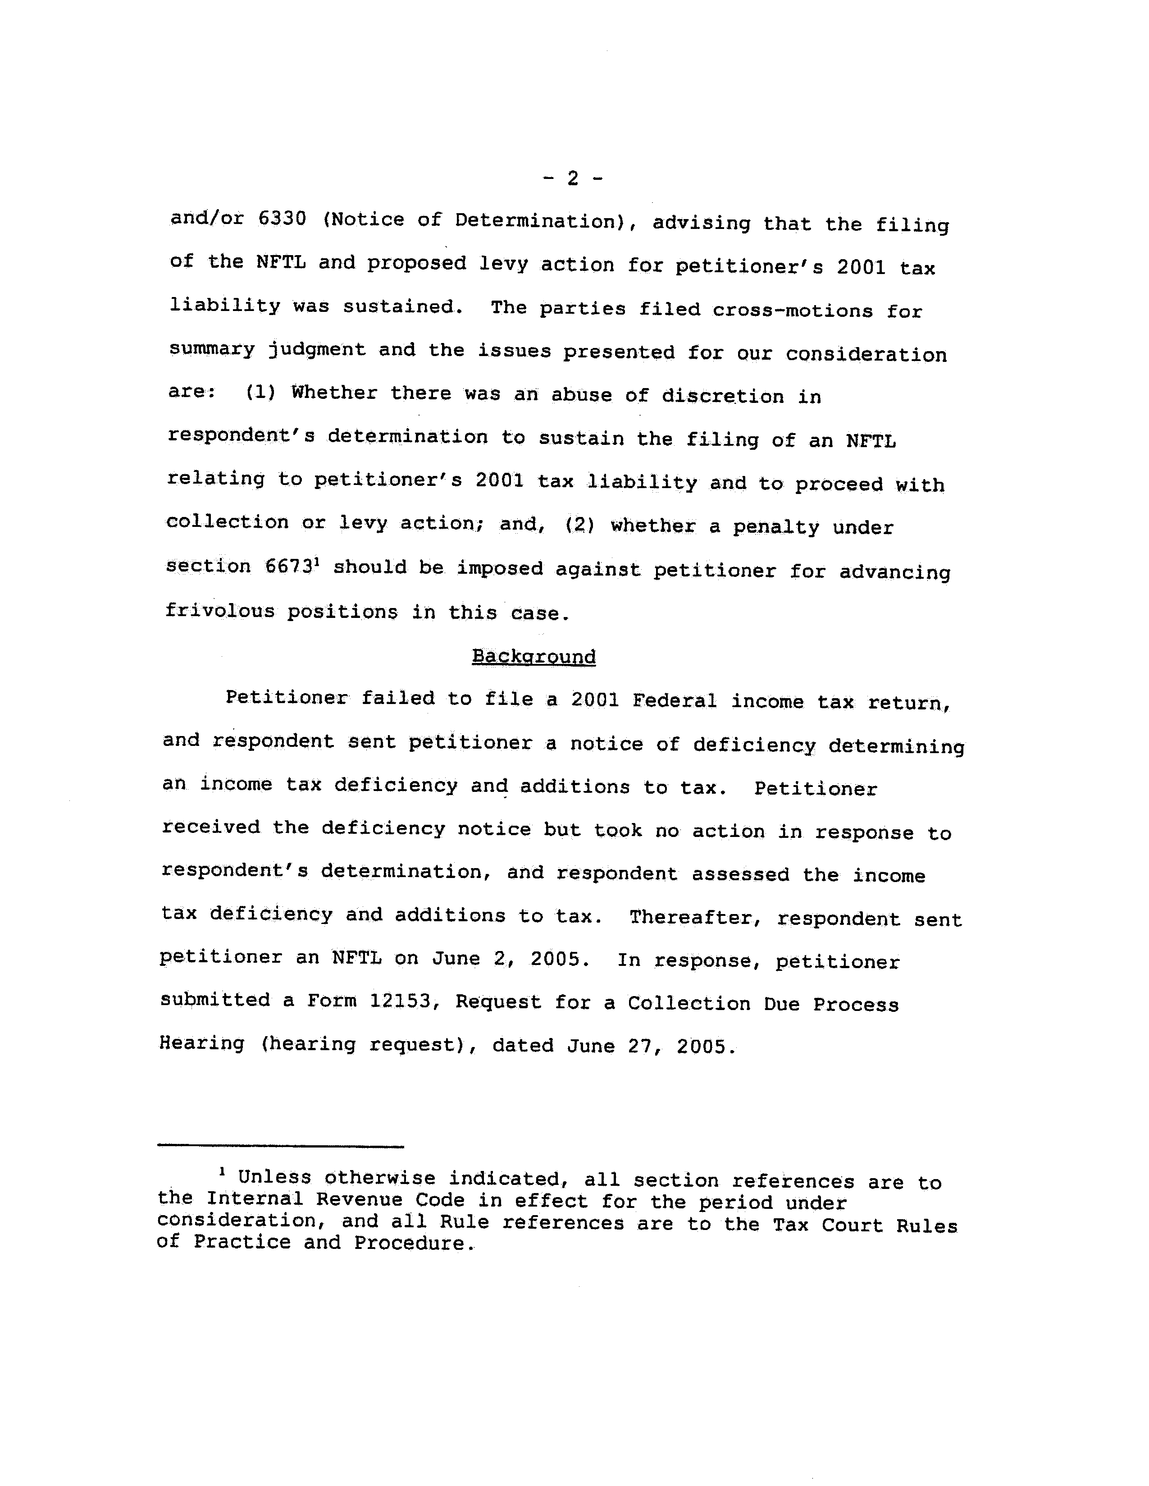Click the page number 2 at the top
[573, 178]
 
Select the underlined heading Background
[533, 657]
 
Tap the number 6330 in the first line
[283, 219]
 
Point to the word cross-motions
[793, 311]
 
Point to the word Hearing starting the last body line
[202, 1043]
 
